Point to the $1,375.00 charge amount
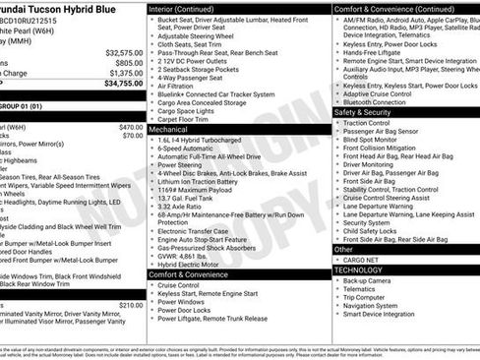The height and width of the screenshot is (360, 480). [126, 73]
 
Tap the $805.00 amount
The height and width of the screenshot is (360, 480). [130, 62]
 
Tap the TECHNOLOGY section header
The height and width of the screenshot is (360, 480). [358, 269]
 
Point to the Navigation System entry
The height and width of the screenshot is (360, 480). [375, 305]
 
